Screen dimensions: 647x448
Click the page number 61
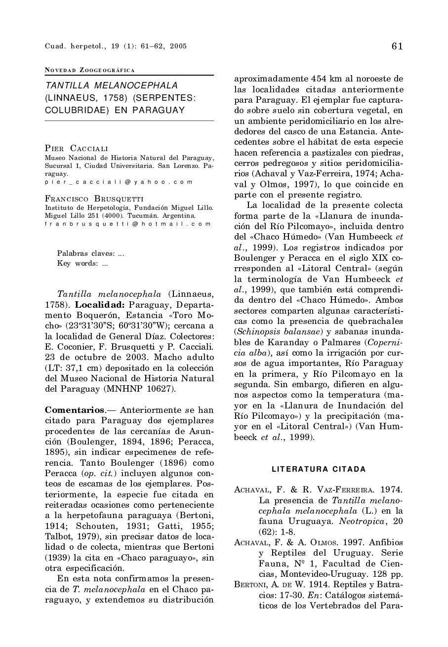(x=397, y=46)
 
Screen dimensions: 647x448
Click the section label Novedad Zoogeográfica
(x=90, y=70)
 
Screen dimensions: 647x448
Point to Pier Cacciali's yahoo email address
(x=118, y=182)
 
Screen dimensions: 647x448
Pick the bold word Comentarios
(x=75, y=409)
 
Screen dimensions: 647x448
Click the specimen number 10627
(x=160, y=388)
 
